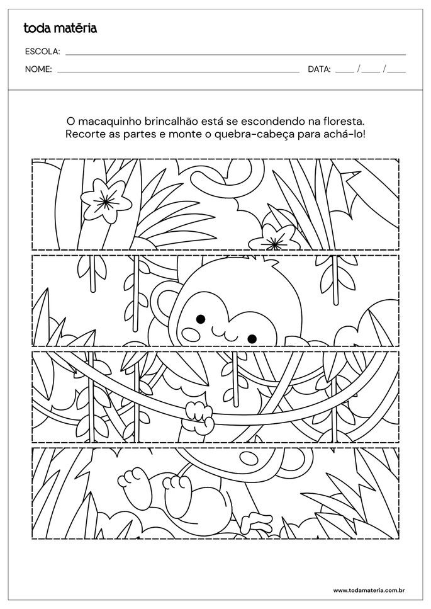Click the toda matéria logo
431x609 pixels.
(x=60, y=28)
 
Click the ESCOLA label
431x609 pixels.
(x=42, y=52)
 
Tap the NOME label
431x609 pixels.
(x=38, y=69)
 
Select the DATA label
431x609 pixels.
(x=319, y=69)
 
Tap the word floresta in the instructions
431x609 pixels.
(x=342, y=120)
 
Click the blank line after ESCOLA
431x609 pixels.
(x=235, y=54)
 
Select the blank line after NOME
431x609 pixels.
(x=177, y=72)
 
